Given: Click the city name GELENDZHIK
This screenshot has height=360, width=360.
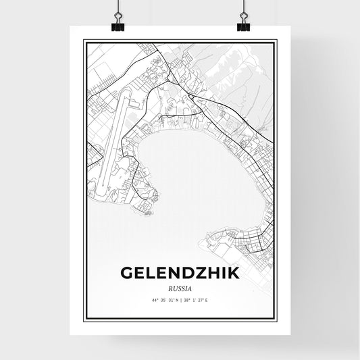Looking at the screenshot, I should (180, 273).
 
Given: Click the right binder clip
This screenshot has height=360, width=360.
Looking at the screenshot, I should (243, 20).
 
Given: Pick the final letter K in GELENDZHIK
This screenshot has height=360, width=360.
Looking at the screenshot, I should (233, 273).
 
